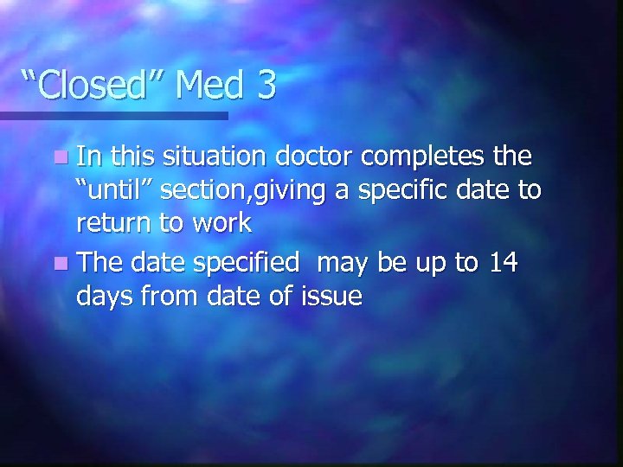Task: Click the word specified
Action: point(257,263)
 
